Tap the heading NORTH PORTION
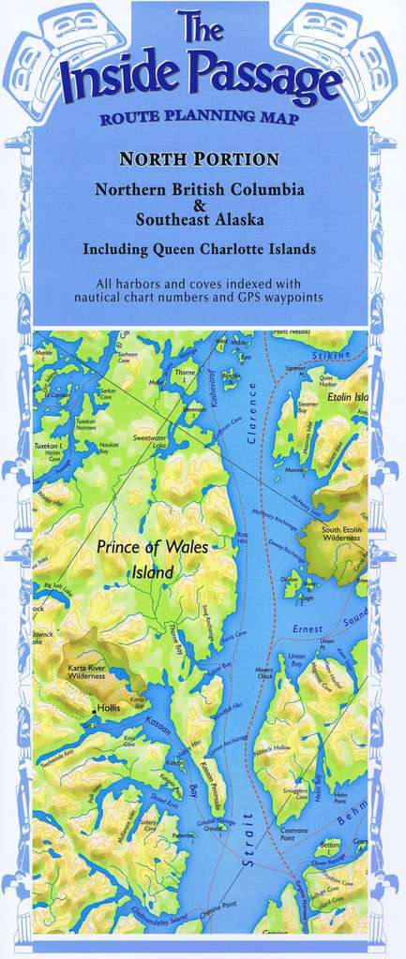point(199,158)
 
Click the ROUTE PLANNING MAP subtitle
point(199,118)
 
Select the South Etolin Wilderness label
point(341,534)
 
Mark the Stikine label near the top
point(332,356)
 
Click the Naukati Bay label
point(109,448)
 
